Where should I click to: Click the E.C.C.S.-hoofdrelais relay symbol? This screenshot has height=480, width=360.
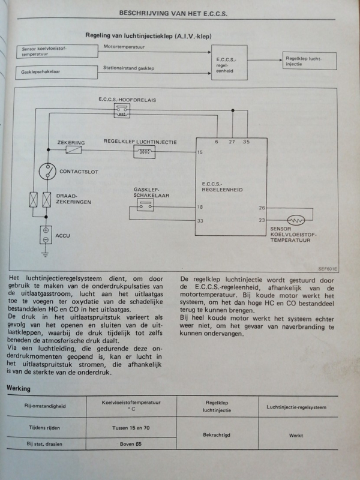(122, 110)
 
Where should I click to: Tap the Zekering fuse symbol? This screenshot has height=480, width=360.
(74, 149)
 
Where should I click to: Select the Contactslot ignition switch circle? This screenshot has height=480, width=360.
(47, 172)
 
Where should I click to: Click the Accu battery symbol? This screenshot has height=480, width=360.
(46, 235)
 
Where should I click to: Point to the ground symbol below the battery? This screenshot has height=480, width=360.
(46, 254)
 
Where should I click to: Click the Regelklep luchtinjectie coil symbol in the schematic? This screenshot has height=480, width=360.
(144, 152)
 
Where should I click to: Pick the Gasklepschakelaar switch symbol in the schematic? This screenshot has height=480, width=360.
(145, 205)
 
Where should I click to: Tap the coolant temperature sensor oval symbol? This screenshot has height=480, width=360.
(296, 220)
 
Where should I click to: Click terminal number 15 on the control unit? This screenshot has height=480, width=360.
(200, 152)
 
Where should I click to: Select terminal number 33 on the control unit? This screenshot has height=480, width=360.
(200, 221)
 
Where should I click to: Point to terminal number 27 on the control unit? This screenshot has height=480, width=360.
(232, 142)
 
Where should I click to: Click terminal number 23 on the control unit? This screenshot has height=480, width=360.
(262, 220)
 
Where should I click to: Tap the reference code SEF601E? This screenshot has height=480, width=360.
(327, 269)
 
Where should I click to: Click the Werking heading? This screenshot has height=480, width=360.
(19, 389)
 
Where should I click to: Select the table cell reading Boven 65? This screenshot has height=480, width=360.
(131, 444)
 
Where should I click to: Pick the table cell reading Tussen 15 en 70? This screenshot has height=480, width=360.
(131, 428)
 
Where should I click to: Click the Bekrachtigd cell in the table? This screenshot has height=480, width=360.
(217, 435)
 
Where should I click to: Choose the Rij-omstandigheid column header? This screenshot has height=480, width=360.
(45, 406)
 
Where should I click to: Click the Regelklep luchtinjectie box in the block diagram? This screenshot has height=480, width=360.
(310, 61)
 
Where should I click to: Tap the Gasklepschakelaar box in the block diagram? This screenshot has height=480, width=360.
(56, 72)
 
